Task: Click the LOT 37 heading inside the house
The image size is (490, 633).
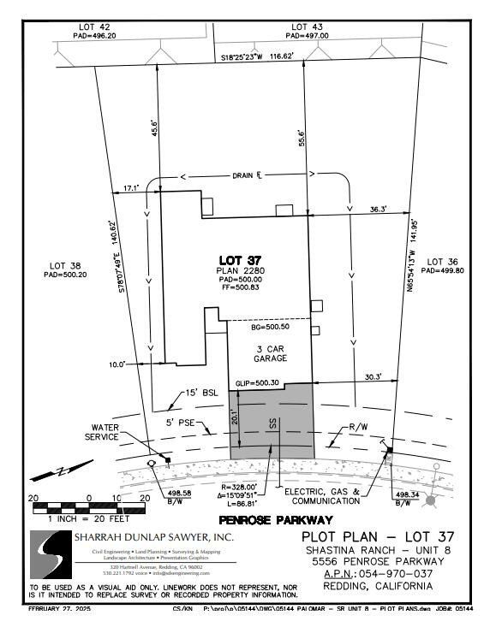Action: click(x=239, y=260)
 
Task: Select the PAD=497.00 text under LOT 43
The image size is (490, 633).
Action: click(x=307, y=37)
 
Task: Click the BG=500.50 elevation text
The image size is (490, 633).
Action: click(x=270, y=328)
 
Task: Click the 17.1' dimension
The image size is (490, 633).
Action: click(x=131, y=186)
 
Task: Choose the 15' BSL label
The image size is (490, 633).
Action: click(x=203, y=393)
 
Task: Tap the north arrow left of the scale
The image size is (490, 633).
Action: click(x=63, y=471)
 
